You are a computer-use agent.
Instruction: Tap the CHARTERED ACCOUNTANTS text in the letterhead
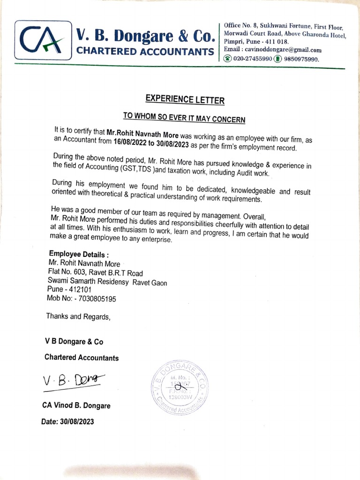pos(145,51)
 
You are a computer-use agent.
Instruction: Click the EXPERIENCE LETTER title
pos(185,99)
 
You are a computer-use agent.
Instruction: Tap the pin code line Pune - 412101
pos(69,290)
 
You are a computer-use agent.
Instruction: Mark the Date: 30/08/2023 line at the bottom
pos(67,421)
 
